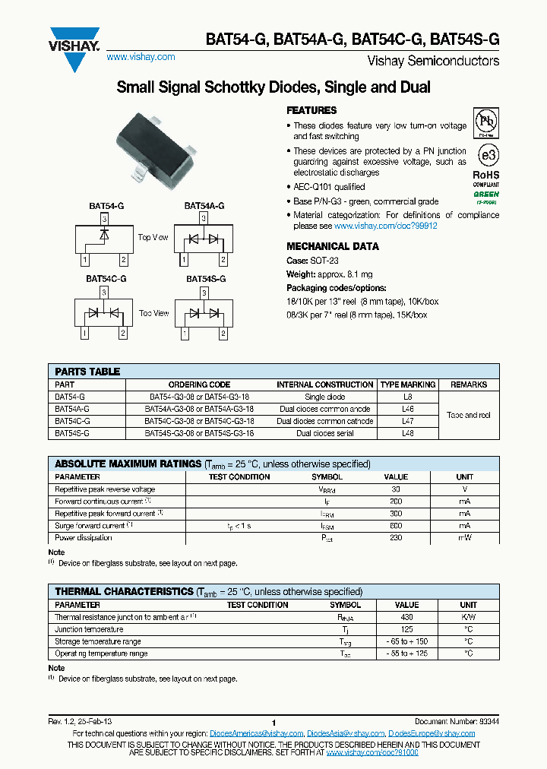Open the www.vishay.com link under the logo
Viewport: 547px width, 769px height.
coord(141,57)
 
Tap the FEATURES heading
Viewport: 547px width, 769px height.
coord(311,110)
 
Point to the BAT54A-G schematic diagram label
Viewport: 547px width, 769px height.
coord(204,206)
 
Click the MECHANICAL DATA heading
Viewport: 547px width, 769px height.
coord(332,246)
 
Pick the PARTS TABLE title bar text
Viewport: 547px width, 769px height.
coord(87,372)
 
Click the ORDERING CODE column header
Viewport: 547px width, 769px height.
coord(199,384)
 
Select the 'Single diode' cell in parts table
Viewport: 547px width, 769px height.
coord(324,397)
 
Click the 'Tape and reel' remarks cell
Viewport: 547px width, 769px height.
coord(469,415)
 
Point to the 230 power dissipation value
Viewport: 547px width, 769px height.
coord(395,537)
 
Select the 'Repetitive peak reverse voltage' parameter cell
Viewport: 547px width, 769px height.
coord(105,489)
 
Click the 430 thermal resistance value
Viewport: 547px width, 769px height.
coord(407,617)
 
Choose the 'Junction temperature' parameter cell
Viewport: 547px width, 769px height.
coord(89,629)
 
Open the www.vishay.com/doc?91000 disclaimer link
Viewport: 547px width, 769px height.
coord(372,752)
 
